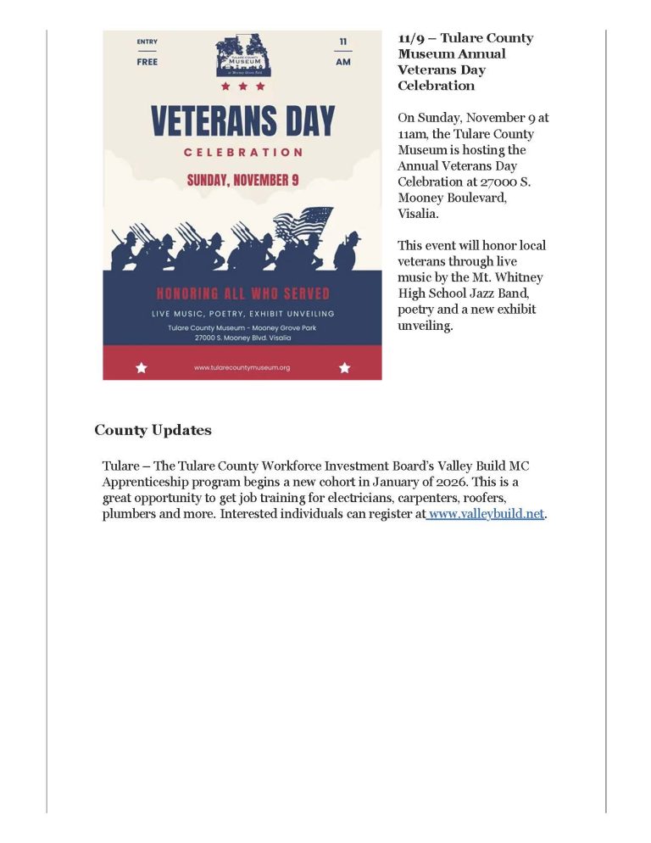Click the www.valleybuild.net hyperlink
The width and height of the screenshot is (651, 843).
(486, 514)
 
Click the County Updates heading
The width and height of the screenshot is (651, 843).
(153, 430)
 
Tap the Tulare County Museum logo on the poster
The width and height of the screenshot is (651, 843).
(242, 55)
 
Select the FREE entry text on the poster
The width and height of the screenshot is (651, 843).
(147, 62)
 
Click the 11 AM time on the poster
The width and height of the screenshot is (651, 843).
(342, 52)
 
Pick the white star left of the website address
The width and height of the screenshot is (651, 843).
(142, 367)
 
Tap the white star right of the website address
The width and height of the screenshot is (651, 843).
(344, 367)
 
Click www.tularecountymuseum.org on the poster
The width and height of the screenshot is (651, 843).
(242, 367)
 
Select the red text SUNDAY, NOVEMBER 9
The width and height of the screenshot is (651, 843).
(242, 181)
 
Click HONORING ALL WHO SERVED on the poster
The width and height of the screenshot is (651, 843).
(242, 294)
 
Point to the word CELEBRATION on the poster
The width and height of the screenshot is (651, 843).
(242, 153)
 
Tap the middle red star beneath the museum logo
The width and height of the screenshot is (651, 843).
(242, 86)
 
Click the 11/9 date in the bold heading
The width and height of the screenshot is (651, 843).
(412, 38)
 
